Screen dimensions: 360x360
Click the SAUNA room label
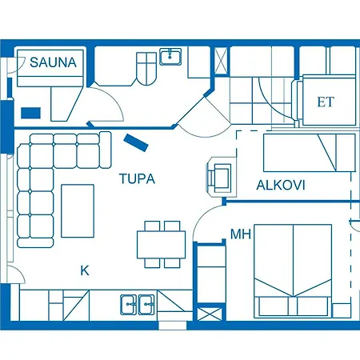click(54, 62)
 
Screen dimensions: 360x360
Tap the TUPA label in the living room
click(137, 179)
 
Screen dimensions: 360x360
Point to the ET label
click(325, 102)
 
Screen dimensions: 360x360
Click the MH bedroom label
click(240, 234)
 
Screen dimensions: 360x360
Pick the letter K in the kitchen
click(84, 270)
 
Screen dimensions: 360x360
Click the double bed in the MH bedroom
click(292, 270)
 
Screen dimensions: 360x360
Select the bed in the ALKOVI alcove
click(309, 153)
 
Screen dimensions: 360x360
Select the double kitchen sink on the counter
click(137, 304)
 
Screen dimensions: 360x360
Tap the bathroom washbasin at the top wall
click(170, 55)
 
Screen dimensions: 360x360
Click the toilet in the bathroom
click(147, 69)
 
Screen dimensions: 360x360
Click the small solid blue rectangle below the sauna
click(32, 113)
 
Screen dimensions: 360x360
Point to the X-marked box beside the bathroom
click(221, 58)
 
